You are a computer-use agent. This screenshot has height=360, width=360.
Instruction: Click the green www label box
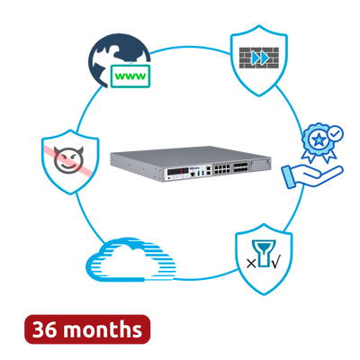[x=130, y=76]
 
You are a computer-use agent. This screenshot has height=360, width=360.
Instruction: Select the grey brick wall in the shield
[x=259, y=58]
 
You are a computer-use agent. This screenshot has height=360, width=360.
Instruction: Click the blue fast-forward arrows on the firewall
[x=260, y=58]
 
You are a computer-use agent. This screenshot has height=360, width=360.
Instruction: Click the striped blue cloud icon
[x=131, y=259]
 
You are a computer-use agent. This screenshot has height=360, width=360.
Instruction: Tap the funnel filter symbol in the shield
[x=264, y=253]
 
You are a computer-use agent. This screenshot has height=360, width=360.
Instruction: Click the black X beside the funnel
[x=251, y=264]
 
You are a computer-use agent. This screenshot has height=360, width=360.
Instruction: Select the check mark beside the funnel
[x=275, y=263]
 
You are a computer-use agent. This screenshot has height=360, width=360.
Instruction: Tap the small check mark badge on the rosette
[x=336, y=133]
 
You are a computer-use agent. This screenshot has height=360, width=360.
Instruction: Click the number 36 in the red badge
[x=44, y=329]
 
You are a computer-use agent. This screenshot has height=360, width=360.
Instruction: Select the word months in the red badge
[x=103, y=328]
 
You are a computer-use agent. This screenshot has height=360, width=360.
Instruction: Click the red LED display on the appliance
[x=177, y=172]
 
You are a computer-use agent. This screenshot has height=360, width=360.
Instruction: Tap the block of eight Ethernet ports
[x=221, y=169]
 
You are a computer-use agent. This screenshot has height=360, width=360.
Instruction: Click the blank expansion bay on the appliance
[x=260, y=165]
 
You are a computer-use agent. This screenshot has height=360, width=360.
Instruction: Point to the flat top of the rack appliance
[x=189, y=156]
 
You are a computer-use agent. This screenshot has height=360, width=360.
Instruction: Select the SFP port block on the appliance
[x=239, y=167]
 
